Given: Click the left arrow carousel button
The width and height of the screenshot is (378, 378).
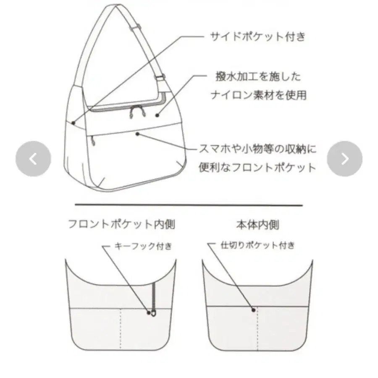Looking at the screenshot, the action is pos(33,159).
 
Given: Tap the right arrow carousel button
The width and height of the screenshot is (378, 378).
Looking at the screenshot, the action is pos(345,159).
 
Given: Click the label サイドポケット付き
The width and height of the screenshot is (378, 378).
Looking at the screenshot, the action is pos(258,37).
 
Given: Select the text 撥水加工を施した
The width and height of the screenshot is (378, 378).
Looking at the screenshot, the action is pos(258,77).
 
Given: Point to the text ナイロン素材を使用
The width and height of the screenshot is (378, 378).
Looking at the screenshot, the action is pos(259,95).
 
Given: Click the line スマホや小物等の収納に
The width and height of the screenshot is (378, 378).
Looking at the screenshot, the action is pos(257,149).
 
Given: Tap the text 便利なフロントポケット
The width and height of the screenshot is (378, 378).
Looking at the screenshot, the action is pos(257,167).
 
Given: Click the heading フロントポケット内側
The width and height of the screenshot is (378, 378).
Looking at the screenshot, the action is pos(121,224).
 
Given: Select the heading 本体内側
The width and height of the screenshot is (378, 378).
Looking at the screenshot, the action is pos(257,225).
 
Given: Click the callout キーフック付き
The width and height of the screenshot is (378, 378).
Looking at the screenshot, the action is pos(143,246).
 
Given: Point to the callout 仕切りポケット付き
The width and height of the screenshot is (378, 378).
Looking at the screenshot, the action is pos(257,245).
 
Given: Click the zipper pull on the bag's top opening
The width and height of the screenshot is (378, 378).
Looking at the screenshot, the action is pos(137,112).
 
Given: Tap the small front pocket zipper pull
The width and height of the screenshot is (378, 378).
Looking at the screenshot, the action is pos(93,141).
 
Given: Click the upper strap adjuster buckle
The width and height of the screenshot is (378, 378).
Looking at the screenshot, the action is pos(135,27).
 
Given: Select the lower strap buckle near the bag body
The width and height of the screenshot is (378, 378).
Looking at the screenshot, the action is pos(160,78).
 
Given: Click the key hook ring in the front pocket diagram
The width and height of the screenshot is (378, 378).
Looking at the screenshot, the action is pos(154,314).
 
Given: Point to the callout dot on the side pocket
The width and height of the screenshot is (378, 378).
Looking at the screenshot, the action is pos(73,123).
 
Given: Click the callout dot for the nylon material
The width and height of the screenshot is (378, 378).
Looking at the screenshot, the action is pos(157,115).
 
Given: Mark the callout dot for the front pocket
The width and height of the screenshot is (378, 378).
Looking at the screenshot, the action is pos(137,134).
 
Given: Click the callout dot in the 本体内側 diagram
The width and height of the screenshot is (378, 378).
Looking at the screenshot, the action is pos(253,310).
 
